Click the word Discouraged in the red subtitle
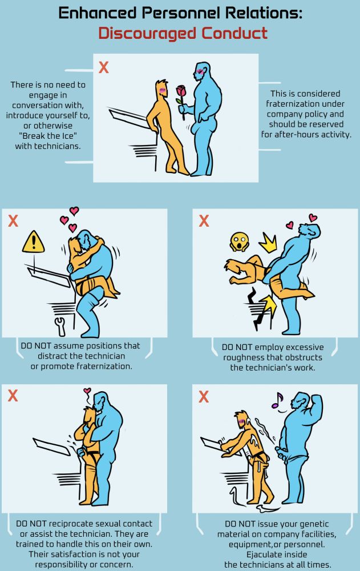pos(147,34)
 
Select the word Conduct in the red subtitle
pos(235,33)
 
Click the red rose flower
pos(181,91)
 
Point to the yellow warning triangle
pos(34,242)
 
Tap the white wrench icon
pos(60,326)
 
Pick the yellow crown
pos(268,243)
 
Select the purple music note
pos(278,400)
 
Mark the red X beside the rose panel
pos(104,67)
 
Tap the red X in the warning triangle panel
pos(13,220)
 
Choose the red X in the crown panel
pos(204,220)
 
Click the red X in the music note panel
pos(204,397)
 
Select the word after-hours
pos(296,134)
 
